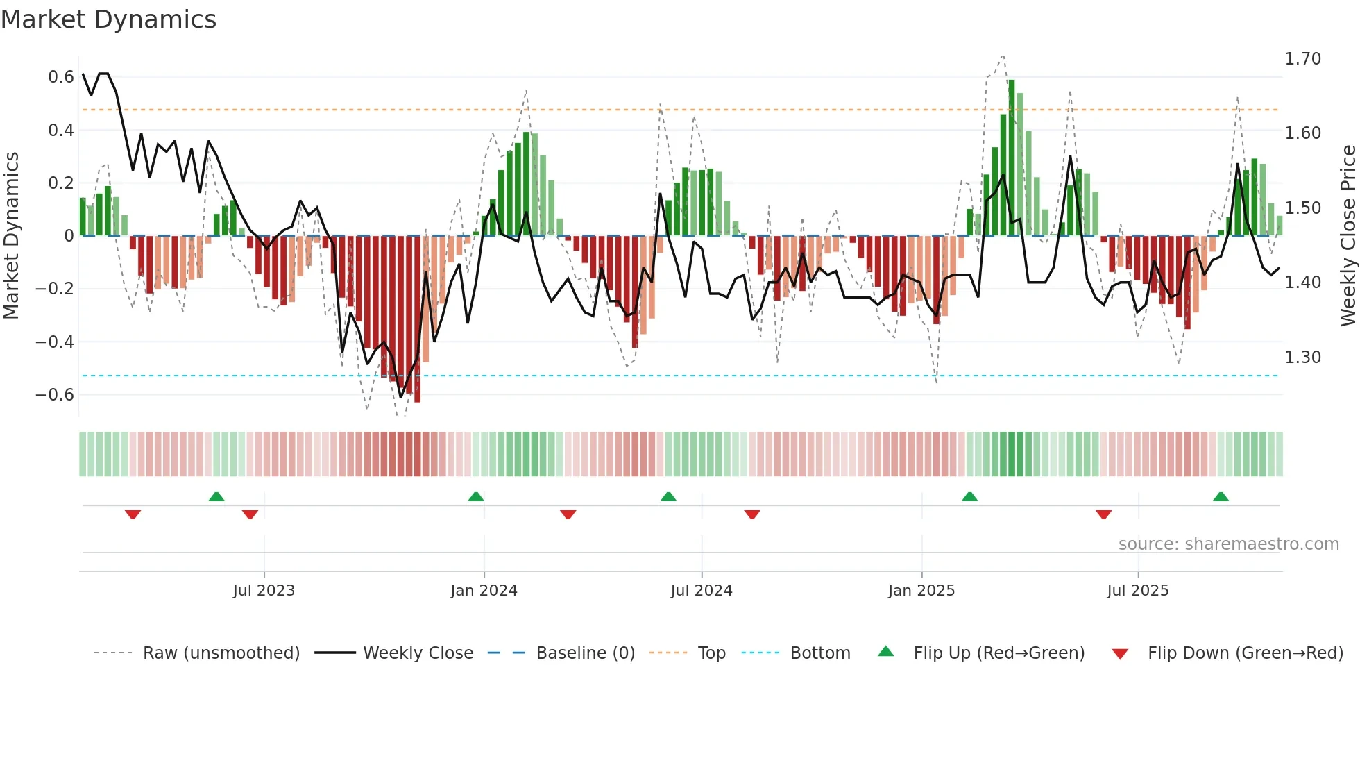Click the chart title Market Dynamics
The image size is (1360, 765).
[108, 19]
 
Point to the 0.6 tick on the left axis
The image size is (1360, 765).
[60, 77]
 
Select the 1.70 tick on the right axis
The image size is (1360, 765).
[1302, 59]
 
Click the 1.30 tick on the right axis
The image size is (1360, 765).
[1302, 358]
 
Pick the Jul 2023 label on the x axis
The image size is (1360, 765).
[264, 591]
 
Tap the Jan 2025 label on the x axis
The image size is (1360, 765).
[921, 591]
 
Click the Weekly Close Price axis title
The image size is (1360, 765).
[1348, 236]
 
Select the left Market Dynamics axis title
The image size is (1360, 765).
[11, 236]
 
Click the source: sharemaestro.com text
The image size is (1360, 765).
[1228, 544]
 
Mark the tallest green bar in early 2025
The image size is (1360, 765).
[1012, 158]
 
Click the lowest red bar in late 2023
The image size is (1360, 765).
[417, 319]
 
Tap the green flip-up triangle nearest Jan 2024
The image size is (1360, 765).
[475, 497]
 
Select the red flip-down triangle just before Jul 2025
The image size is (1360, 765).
[1103, 514]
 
